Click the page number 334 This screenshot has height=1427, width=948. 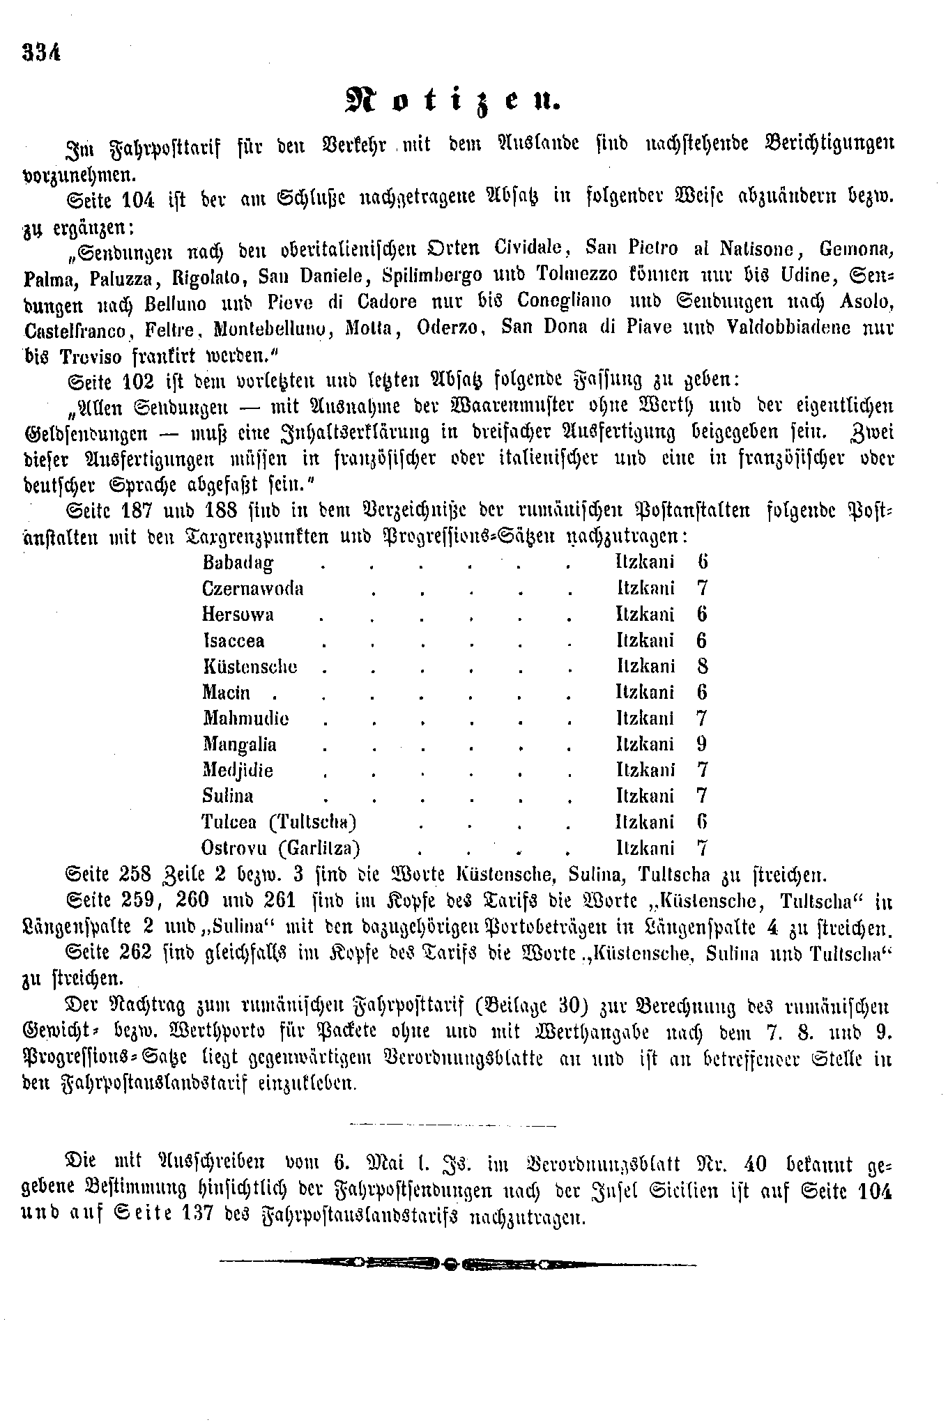(x=42, y=53)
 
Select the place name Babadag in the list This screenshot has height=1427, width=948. (x=237, y=562)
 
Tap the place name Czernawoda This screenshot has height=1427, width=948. (x=252, y=588)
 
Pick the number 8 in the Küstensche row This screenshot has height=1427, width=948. (x=702, y=666)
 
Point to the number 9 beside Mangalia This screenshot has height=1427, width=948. (x=701, y=744)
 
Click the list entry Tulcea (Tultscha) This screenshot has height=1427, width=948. (x=280, y=822)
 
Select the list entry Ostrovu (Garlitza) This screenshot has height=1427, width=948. (x=281, y=848)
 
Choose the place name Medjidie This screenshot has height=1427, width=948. (x=238, y=770)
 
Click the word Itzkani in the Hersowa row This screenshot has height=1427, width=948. (x=645, y=614)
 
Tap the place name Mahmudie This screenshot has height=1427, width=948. (x=245, y=718)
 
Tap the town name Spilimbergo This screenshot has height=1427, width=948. (x=432, y=275)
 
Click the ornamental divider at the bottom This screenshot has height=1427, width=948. (x=457, y=1263)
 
